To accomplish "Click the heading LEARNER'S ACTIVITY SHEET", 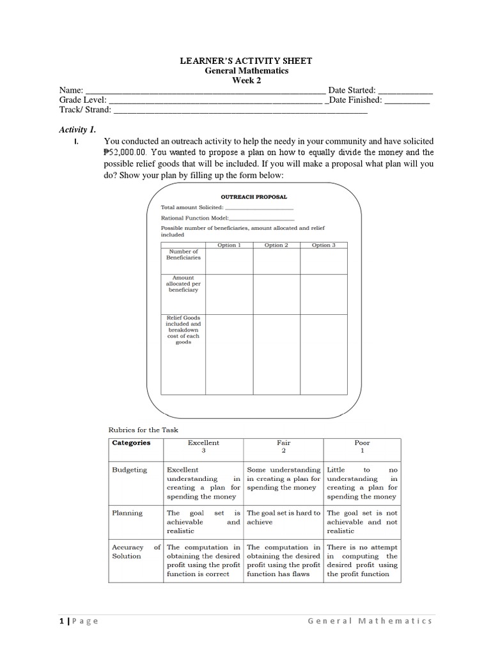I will pos(246,61).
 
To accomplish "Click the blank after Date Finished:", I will pos(407,100).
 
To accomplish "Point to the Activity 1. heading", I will pos(77,129).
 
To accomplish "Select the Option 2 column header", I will pos(277,245).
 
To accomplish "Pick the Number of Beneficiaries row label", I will pos(183,254).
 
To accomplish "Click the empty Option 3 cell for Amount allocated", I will pos(323,294).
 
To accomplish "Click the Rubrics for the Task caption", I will pos(139,430).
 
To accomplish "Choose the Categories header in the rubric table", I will pos(131,443).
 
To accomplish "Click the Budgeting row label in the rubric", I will pos(129,469).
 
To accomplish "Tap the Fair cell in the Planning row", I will pos(284,517).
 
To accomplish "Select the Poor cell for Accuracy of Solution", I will pos(362,560).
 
